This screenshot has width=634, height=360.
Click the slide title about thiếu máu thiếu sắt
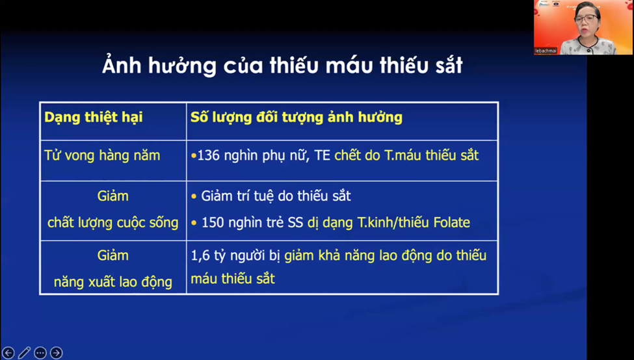coord(282,66)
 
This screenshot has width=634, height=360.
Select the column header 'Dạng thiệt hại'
coord(93,118)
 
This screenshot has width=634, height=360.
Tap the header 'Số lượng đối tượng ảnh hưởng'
coord(296,118)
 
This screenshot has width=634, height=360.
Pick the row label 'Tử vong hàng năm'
coord(101,156)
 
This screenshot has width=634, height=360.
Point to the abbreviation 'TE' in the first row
coord(323,156)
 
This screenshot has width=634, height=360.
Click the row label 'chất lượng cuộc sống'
coord(112,222)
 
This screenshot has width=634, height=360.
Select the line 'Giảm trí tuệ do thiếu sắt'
coord(276,196)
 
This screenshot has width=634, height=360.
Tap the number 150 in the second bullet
coord(213,222)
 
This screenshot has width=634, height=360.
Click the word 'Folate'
coord(449,222)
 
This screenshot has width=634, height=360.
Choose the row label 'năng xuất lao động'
coord(112,282)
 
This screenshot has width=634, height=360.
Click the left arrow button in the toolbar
coord(8,353)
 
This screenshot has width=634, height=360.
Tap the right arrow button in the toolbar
coord(57,353)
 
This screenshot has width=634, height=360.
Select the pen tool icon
coord(24,353)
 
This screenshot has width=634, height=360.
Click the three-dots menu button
coord(40,353)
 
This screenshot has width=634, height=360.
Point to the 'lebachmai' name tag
coord(548,49)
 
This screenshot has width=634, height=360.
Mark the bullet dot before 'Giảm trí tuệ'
coord(194,196)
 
